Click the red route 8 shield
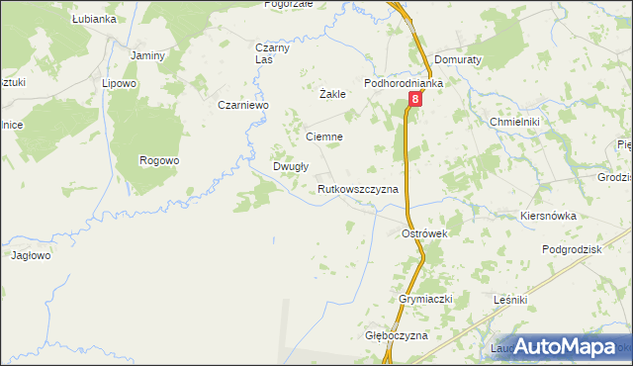[x=415, y=100]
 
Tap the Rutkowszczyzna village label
[x=358, y=188]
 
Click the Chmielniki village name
[x=514, y=122]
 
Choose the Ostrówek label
[x=425, y=233]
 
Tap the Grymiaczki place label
[x=425, y=299]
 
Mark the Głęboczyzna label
[x=396, y=336]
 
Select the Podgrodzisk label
[x=572, y=250]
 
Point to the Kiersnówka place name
[x=547, y=214]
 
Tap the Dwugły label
[x=292, y=167]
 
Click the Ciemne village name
[x=324, y=137]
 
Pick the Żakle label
[x=332, y=95]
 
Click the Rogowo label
[x=159, y=160]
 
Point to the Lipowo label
[x=119, y=84]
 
